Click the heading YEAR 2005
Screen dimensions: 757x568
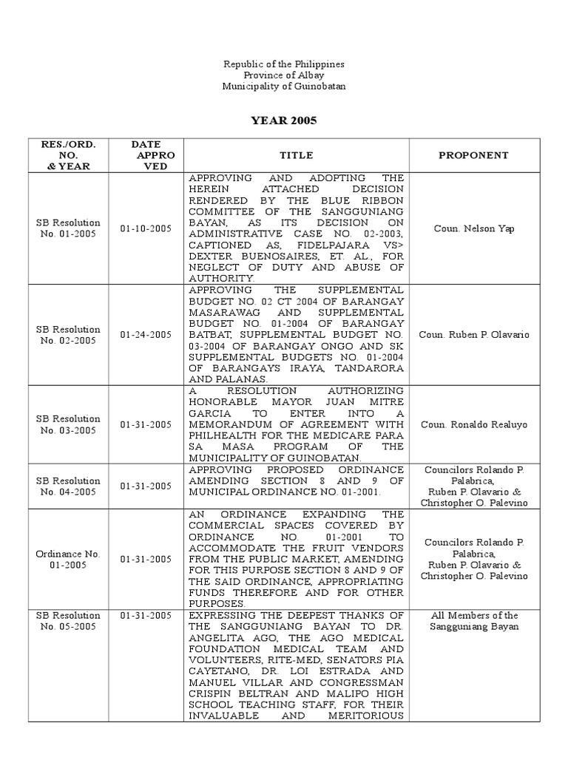pos(284,120)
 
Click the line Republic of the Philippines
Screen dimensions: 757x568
pos(284,64)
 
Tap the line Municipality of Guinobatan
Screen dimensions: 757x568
pos(284,86)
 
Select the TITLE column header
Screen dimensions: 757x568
pos(296,155)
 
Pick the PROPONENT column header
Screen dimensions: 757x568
pos(473,155)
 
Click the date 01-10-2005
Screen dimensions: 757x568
pos(146,228)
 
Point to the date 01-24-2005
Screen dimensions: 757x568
pos(146,335)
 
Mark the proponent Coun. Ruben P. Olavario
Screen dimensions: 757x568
pos(473,335)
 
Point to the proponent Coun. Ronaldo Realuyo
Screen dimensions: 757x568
pos(473,424)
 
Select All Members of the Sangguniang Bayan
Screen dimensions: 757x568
pos(473,621)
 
